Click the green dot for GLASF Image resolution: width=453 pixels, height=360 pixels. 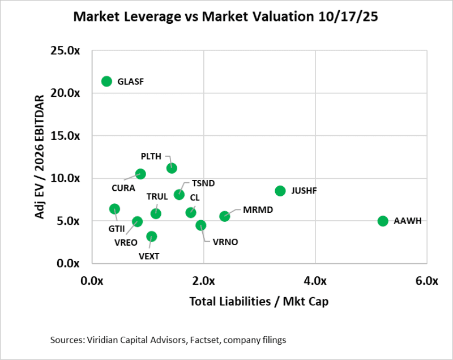[x=106, y=81]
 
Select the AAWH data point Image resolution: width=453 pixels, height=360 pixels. [x=383, y=221]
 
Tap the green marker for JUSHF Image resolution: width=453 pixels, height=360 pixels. [x=280, y=191]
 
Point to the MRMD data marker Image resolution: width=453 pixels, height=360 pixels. [x=225, y=216]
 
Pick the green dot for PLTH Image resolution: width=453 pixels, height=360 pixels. [x=172, y=168]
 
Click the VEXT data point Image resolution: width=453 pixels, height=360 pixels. [x=151, y=237]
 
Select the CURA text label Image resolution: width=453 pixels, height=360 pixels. [x=123, y=187]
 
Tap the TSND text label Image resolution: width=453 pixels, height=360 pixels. [x=203, y=183]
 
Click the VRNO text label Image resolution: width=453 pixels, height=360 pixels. [x=225, y=242]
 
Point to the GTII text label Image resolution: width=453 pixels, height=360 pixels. [x=117, y=230]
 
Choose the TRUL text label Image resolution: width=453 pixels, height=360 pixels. [x=157, y=196]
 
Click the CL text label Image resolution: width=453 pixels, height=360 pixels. [x=194, y=198]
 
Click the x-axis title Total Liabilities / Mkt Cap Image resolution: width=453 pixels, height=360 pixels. [x=259, y=301]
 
